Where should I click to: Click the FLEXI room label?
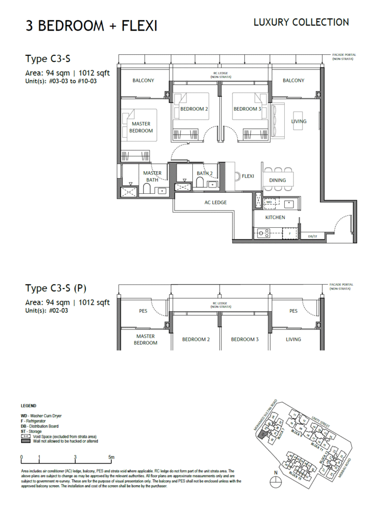248,176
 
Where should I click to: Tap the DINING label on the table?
277,180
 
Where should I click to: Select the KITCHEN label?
275,217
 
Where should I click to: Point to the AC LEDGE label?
216,203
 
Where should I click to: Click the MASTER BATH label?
152,177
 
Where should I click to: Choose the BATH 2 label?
204,174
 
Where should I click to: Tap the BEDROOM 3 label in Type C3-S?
247,109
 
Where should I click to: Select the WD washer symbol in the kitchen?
269,202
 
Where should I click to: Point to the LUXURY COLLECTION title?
301,22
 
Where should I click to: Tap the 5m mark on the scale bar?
112,457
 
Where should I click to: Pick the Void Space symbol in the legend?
26,437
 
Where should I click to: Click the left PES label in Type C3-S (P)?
144,311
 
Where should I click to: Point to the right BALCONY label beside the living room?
294,80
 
